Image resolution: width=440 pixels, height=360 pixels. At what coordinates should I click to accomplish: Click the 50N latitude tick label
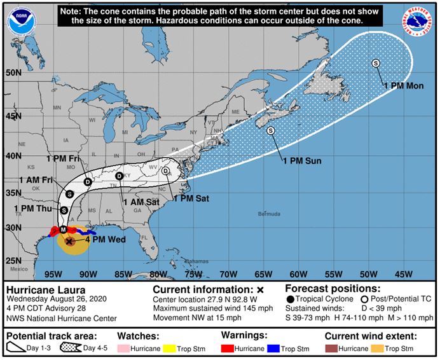point(13,73)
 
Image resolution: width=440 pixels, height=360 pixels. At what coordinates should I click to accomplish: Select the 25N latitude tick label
point(13,261)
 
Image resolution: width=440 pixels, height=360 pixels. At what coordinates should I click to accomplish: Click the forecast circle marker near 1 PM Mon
point(375,63)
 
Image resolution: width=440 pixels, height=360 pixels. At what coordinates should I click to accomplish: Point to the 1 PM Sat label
point(191,198)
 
